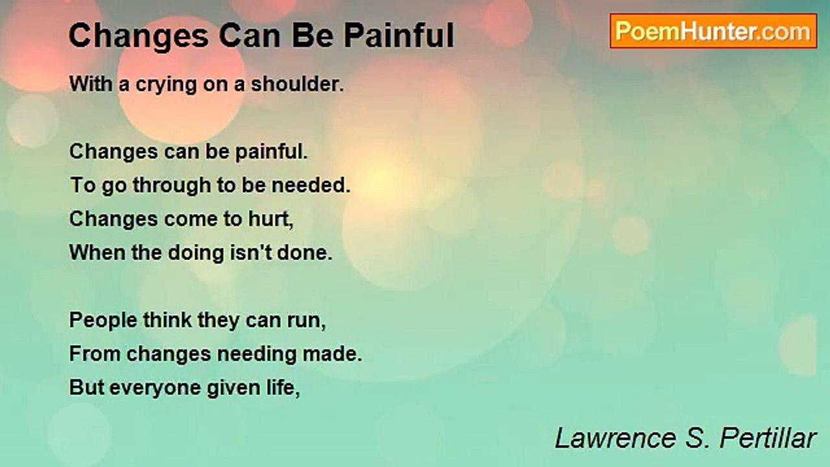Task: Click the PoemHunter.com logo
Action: [x=713, y=30]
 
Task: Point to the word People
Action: [x=99, y=320]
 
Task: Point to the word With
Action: [x=90, y=84]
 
